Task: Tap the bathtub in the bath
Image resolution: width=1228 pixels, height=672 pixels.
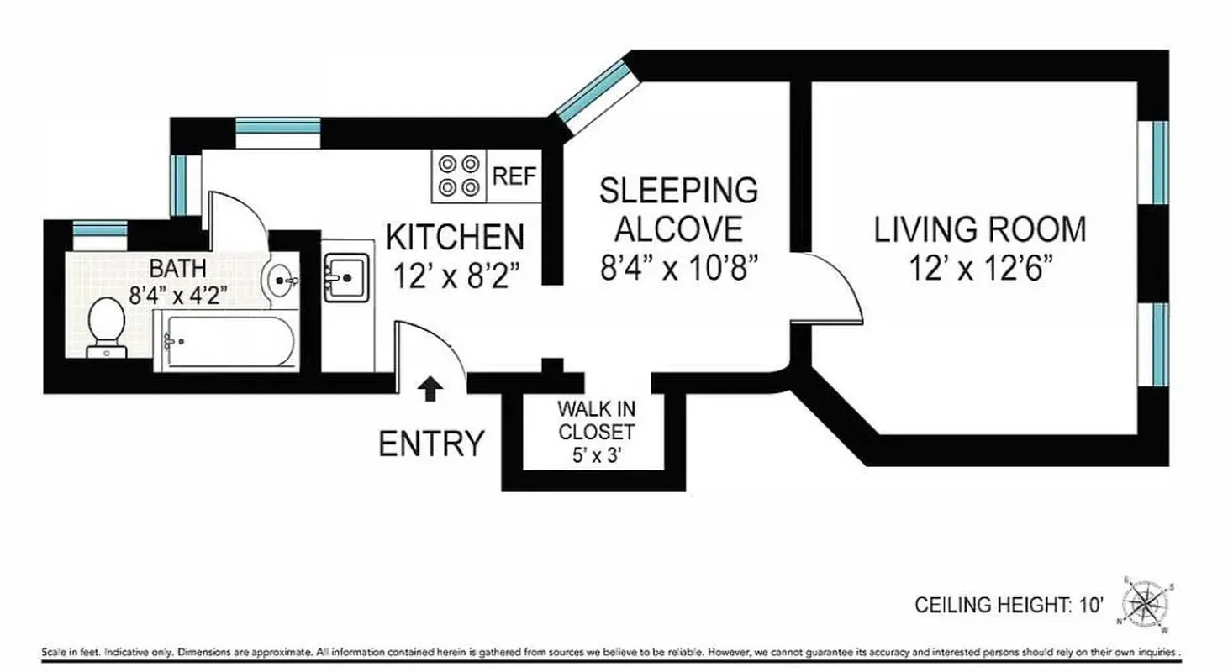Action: (224, 341)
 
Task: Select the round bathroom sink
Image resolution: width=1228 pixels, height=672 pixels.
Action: (281, 276)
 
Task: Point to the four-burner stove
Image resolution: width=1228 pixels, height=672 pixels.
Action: (459, 176)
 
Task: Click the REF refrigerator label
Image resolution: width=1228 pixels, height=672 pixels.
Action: (514, 176)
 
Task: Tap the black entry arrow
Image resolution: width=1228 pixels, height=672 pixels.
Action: (430, 389)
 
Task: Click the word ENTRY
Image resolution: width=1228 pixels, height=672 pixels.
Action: (432, 444)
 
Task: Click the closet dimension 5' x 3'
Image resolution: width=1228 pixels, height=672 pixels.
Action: (596, 458)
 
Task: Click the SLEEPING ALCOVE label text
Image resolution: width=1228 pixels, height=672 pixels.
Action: (678, 208)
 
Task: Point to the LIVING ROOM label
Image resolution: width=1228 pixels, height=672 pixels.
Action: (980, 229)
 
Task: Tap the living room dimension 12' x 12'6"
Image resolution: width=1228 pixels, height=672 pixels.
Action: (980, 269)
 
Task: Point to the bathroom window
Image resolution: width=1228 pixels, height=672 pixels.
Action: (99, 228)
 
